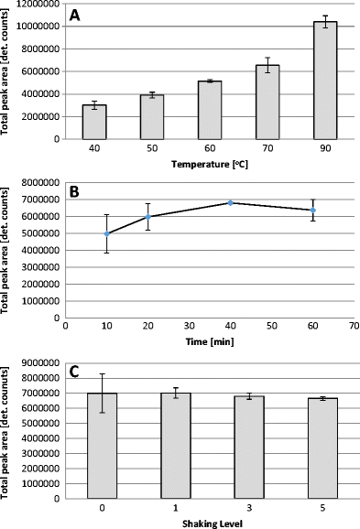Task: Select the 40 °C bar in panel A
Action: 94,122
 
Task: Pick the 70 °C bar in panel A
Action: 267,103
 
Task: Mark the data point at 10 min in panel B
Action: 106,233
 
